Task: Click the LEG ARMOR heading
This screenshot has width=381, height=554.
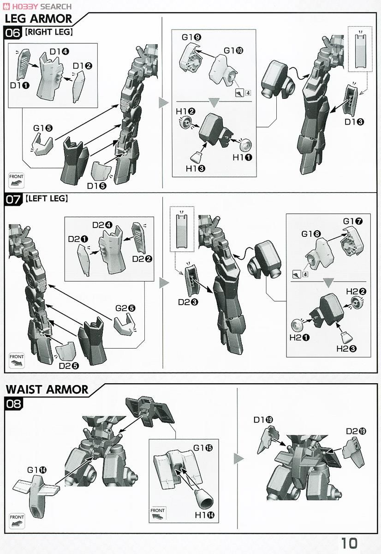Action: click(38, 19)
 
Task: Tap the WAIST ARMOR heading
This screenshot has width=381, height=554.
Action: click(47, 389)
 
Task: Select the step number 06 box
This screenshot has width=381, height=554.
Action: click(13, 32)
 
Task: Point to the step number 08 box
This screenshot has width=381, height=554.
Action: click(14, 403)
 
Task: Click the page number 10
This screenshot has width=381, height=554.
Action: click(349, 543)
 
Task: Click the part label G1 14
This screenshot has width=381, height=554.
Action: click(36, 470)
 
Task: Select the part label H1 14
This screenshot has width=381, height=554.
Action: click(205, 515)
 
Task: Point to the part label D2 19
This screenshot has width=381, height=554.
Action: click(356, 431)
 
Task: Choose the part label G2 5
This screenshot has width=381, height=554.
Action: click(125, 308)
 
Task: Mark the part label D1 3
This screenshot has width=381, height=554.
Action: click(354, 122)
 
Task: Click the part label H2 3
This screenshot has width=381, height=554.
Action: click(346, 349)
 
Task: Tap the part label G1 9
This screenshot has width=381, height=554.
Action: click(191, 37)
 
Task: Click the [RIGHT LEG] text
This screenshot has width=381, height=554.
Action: click(49, 32)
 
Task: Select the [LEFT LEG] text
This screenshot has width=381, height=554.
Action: click(47, 199)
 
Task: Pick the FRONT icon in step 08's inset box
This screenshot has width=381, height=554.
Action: click(158, 513)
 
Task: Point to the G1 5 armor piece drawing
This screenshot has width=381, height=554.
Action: click(42, 144)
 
